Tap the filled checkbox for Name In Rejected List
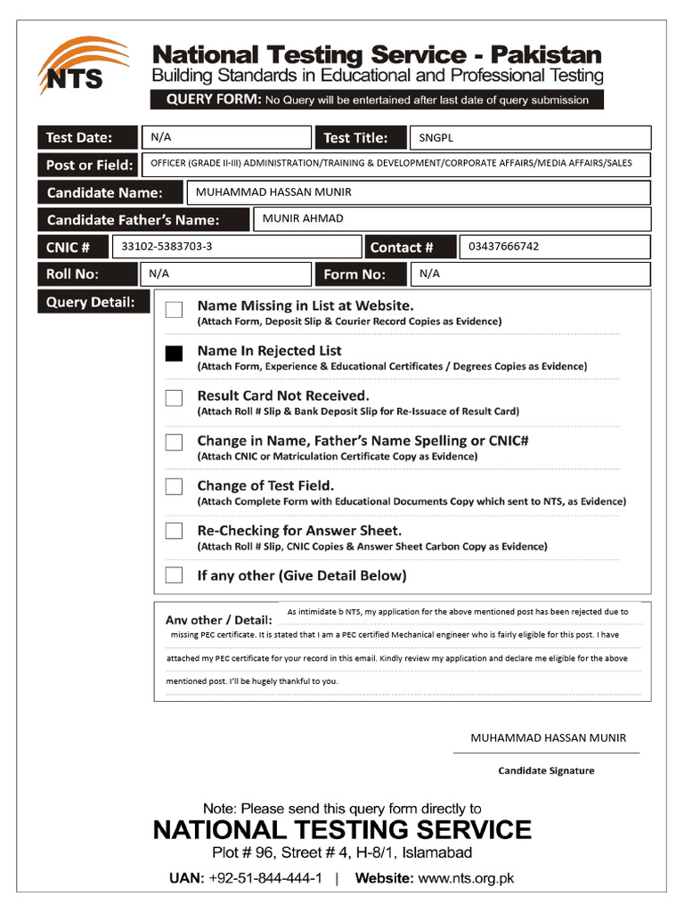point(174,354)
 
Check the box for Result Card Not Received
point(174,398)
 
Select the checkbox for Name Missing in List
point(174,309)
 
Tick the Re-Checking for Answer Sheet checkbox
point(174,532)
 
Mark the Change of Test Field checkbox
point(174,487)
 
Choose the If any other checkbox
point(174,574)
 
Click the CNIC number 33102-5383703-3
point(167,247)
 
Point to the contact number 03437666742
point(503,247)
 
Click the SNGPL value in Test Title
point(436,138)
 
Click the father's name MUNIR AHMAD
point(303,218)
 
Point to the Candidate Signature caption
point(546,770)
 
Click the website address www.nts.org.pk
point(466,878)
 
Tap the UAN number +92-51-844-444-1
point(265,878)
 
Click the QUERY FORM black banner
point(377,100)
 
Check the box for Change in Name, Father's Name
point(174,443)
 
